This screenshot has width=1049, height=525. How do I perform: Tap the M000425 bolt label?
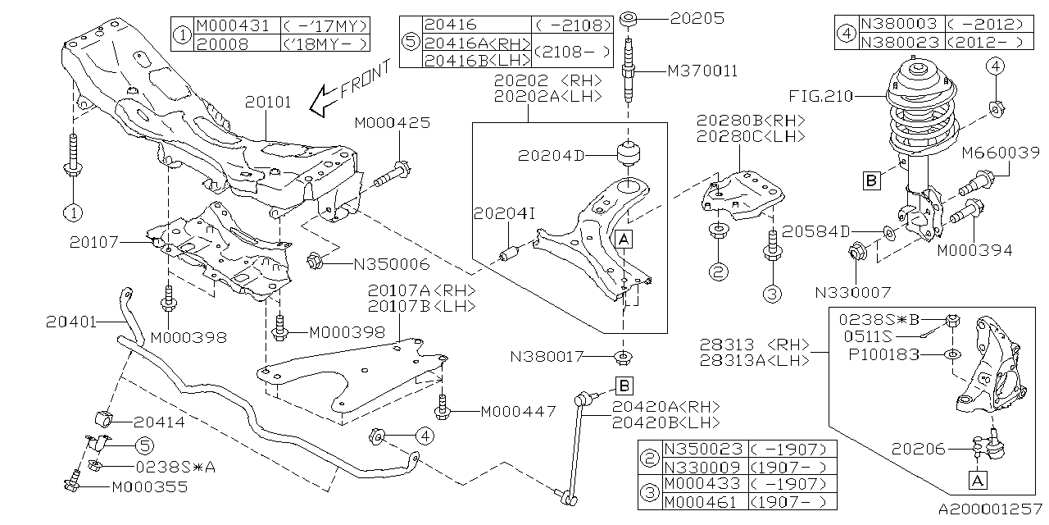point(393,123)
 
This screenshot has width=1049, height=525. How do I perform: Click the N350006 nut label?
point(391,264)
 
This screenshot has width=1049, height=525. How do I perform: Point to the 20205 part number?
point(697,16)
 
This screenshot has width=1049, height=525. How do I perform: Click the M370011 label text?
point(702,71)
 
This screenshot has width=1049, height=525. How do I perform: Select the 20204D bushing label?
point(551,155)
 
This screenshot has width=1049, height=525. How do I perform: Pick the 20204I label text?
point(503,213)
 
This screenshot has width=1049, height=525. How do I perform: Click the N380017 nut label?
point(548,357)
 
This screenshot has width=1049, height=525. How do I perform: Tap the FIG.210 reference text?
point(820,97)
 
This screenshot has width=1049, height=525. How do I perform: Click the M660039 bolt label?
point(997,153)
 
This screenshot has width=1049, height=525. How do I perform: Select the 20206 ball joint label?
point(918,449)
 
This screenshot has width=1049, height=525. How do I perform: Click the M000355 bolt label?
point(150,486)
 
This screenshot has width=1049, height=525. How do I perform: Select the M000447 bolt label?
point(517,410)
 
